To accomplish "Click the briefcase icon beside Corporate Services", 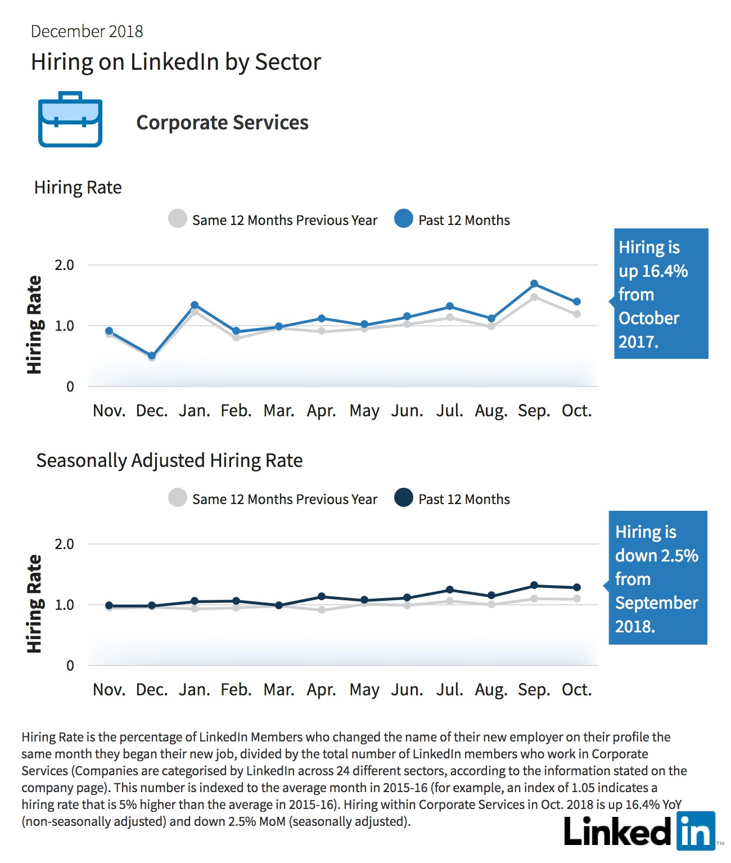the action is tap(70, 119).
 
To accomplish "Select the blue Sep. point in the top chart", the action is tap(534, 284).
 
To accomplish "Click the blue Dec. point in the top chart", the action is tap(152, 356).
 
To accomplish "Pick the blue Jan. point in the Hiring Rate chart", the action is tap(195, 305).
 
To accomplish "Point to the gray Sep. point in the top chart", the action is tap(534, 297).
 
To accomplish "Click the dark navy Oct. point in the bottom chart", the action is tap(577, 587).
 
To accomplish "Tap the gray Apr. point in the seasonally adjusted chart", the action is tap(322, 610).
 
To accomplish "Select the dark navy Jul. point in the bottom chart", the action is tap(450, 590).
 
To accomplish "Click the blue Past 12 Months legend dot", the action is tap(404, 218).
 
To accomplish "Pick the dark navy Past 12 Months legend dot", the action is tap(404, 497).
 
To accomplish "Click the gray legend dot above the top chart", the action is tap(177, 218).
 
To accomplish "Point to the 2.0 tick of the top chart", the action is tap(64, 265).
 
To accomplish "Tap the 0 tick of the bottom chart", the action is tap(70, 666).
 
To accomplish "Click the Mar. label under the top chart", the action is tap(279, 411).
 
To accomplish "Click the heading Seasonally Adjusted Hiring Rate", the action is tap(169, 461).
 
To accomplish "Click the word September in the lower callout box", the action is tap(656, 603).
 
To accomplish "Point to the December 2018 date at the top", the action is tap(87, 32).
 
